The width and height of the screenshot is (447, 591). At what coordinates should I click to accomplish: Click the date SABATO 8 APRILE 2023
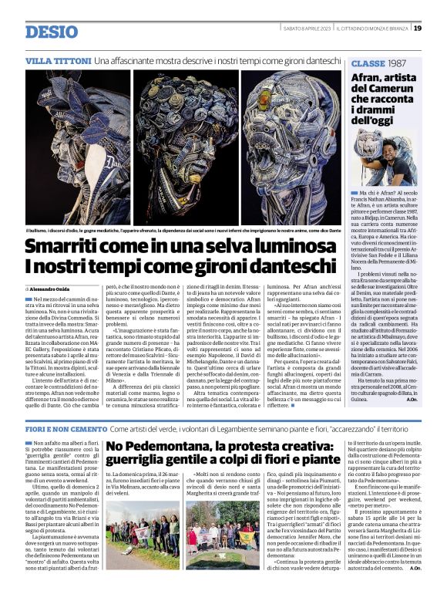click(308, 29)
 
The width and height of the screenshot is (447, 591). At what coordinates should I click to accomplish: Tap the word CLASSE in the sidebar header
click(370, 62)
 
